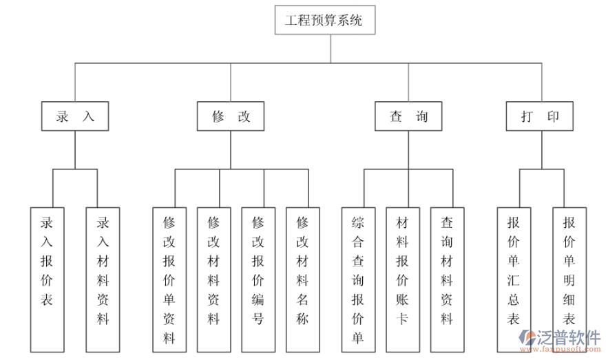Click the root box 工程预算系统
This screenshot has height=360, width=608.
330,21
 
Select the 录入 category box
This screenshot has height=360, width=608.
75,117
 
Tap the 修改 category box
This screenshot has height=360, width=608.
230,117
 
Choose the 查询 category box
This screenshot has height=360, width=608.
408,117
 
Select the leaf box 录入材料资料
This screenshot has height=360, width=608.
103,272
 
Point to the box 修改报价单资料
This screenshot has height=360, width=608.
169,279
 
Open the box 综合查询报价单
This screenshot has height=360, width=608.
358,279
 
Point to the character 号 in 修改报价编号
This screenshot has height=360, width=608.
258,319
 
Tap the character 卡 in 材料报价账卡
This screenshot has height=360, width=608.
403,319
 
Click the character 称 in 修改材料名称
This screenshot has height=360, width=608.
303,319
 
